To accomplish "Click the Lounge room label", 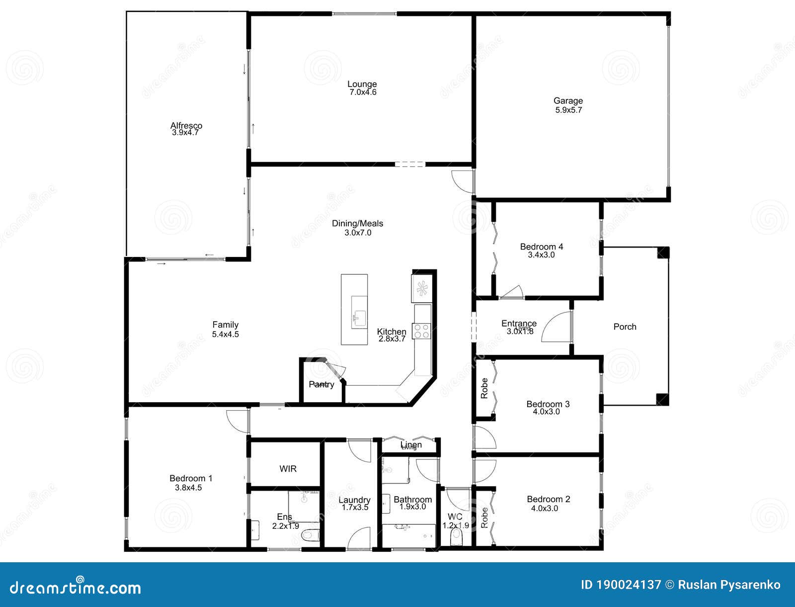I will pyautogui.click(x=362, y=84).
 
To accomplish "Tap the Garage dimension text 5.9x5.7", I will pyautogui.click(x=568, y=110).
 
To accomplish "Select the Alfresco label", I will pyautogui.click(x=186, y=125).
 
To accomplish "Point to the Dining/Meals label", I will pyautogui.click(x=357, y=223).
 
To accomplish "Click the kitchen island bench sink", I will pyautogui.click(x=358, y=316).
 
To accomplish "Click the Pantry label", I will pyautogui.click(x=321, y=384).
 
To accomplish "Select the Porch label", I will pyautogui.click(x=625, y=327).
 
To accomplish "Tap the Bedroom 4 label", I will pyautogui.click(x=541, y=247).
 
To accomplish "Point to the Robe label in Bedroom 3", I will pyautogui.click(x=484, y=388).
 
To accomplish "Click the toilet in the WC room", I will pyautogui.click(x=456, y=537).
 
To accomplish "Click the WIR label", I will pyautogui.click(x=288, y=469).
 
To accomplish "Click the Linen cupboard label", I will pyautogui.click(x=411, y=444).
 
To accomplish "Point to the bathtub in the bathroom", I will pyautogui.click(x=408, y=535).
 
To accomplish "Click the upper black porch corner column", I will pyautogui.click(x=663, y=253).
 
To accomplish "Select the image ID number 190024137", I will pyautogui.click(x=636, y=585).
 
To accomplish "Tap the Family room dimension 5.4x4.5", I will pyautogui.click(x=225, y=335).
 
